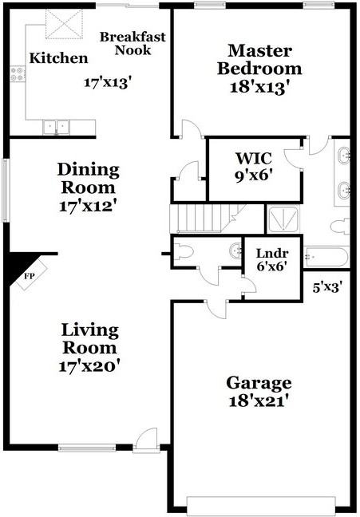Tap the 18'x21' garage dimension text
tap(258, 401)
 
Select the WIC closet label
tap(255, 156)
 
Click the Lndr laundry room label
tap(271, 254)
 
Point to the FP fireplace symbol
tap(30, 276)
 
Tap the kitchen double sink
tap(56, 126)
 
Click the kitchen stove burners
tap(16, 74)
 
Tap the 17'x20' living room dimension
tap(88, 366)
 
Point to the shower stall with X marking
tap(281, 219)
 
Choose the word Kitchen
tap(58, 58)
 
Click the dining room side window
tap(6, 190)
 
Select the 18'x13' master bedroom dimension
tap(259, 85)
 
